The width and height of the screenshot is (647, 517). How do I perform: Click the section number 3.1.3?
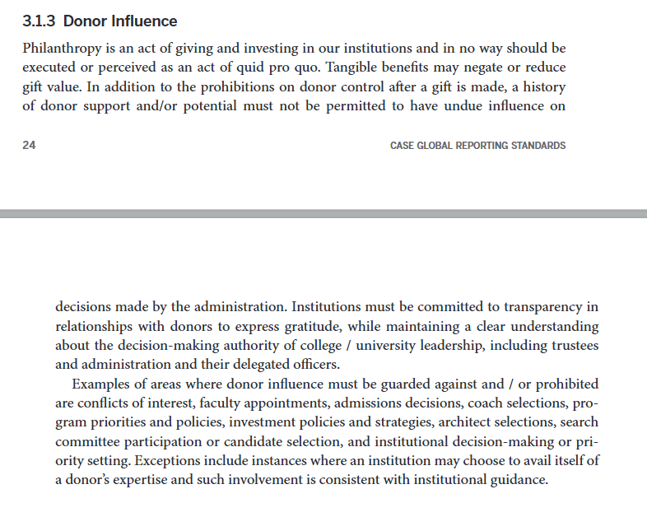(x=40, y=21)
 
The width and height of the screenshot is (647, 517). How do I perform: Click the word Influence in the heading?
(x=142, y=21)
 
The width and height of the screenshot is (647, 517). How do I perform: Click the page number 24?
(x=29, y=146)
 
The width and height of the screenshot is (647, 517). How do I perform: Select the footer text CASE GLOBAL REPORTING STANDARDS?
(x=477, y=146)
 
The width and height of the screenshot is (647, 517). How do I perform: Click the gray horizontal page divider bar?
(x=323, y=214)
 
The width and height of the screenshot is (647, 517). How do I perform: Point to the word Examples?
(x=103, y=384)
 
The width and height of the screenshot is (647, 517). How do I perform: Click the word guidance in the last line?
(x=518, y=480)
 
